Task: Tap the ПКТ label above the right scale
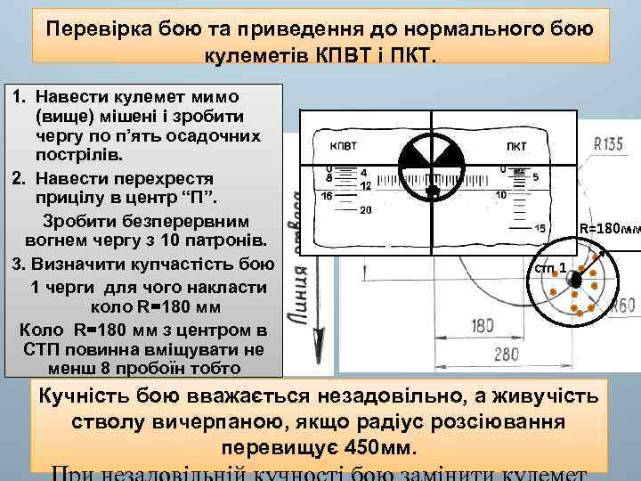click(x=516, y=146)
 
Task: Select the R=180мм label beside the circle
click(x=609, y=229)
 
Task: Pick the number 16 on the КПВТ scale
click(x=327, y=195)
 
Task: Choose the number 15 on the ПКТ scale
click(x=540, y=229)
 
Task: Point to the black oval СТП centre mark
click(x=575, y=280)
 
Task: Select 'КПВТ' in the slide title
click(x=339, y=58)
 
